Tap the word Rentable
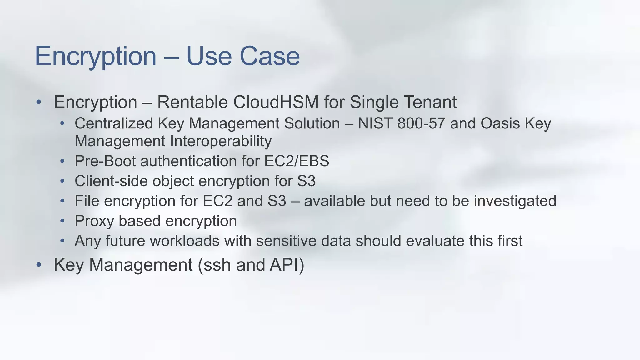tap(192, 102)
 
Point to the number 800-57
tap(421, 123)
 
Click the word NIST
tap(375, 123)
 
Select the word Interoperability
tap(221, 141)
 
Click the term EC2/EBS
tap(297, 161)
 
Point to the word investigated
tap(515, 201)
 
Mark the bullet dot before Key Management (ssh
tap(39, 265)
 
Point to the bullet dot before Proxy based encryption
tap(62, 221)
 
